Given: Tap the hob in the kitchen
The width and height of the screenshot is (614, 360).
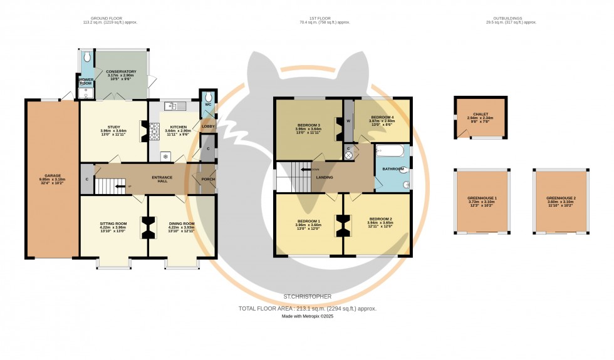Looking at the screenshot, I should tap(154, 130).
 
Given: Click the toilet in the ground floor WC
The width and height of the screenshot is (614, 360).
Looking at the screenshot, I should tap(207, 97).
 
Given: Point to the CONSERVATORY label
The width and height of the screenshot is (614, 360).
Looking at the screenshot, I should tap(121, 72).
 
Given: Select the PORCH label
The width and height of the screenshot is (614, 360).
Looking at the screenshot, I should tap(208, 180).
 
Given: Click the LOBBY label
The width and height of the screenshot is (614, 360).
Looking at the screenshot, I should tap(207, 127).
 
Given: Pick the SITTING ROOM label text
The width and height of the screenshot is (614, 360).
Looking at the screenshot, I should tap(113, 224).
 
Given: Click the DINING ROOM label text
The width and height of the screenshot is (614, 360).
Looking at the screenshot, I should tap(182, 224).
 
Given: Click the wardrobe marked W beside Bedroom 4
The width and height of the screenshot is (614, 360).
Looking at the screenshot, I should tap(348, 121).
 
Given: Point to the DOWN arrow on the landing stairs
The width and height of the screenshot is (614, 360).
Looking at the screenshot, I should tap(308, 169).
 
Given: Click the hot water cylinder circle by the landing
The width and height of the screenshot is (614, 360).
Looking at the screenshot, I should tap(348, 155).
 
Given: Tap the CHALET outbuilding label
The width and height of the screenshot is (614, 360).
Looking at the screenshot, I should tap(481, 114).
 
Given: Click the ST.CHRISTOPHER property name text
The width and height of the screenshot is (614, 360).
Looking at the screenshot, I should tap(306, 296).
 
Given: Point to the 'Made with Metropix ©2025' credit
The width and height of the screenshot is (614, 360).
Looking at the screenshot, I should tap(307, 317).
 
